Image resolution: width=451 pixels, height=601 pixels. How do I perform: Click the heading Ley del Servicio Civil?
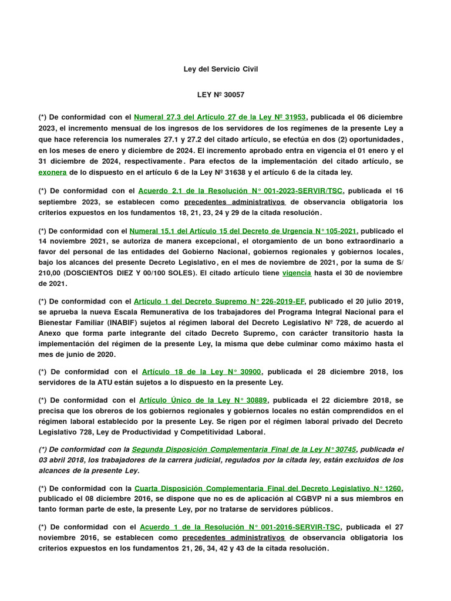[x=221, y=69]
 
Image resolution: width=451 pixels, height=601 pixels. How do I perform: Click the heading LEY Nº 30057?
[x=220, y=94]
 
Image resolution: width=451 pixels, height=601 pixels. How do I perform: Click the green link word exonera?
[x=52, y=173]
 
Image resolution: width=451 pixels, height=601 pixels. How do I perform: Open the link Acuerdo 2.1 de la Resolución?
[x=241, y=191]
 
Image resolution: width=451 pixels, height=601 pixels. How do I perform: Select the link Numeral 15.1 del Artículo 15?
[x=243, y=231]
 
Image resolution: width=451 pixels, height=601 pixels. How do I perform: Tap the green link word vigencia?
[x=297, y=273]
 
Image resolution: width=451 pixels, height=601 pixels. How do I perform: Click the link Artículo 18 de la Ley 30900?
[x=202, y=372]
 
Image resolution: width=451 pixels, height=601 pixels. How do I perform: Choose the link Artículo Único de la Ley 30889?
[x=203, y=400]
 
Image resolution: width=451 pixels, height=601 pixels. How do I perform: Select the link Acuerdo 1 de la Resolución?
[x=240, y=527]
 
